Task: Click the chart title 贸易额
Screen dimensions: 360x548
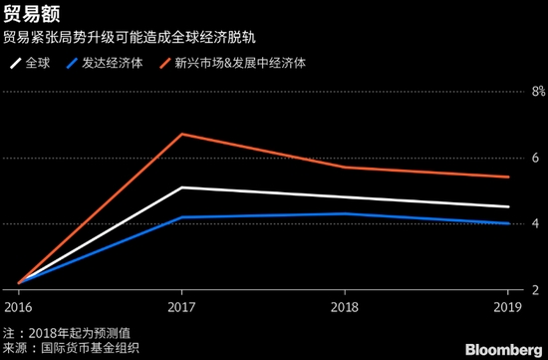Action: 27,15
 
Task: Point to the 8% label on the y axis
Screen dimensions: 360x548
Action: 536,92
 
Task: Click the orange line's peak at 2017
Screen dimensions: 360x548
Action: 181,134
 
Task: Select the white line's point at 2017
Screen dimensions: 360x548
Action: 181,187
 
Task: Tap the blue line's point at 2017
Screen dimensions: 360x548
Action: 181,217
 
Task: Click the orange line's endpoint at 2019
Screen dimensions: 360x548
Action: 508,177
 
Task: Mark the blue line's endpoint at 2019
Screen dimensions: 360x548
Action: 508,223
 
